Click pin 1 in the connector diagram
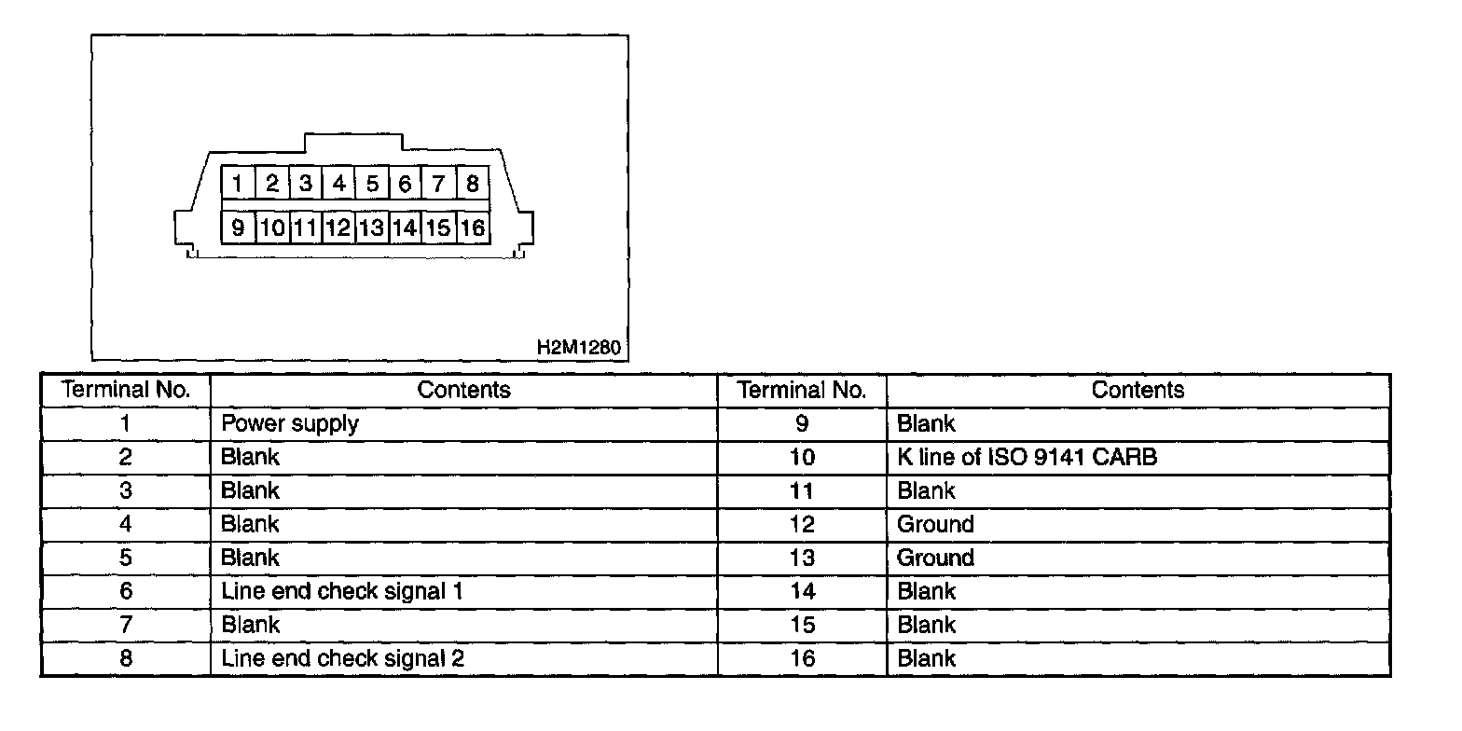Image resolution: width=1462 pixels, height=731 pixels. (x=239, y=184)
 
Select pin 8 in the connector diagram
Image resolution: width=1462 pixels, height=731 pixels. (x=473, y=184)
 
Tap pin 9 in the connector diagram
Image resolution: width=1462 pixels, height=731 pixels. (x=239, y=228)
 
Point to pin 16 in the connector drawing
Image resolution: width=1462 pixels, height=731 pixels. (x=473, y=228)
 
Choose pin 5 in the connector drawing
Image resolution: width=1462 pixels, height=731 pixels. (x=372, y=184)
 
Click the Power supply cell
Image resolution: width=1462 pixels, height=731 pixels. (x=290, y=424)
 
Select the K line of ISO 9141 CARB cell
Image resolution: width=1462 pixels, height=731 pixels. (x=1027, y=458)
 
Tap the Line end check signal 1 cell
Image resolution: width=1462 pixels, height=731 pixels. (x=341, y=591)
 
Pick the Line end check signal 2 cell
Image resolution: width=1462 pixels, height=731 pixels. (x=342, y=658)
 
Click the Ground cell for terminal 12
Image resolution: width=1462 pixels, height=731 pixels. (x=935, y=525)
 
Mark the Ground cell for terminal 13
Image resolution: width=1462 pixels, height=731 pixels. (x=935, y=559)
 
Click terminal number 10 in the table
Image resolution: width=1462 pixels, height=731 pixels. (x=802, y=458)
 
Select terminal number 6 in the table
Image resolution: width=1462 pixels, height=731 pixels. (x=126, y=591)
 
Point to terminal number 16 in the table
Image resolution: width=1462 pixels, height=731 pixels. (x=802, y=658)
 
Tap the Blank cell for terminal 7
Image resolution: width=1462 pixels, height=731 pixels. (x=250, y=625)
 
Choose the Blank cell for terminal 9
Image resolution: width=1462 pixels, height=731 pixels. (x=926, y=424)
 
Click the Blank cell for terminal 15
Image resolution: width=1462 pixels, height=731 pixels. (x=926, y=625)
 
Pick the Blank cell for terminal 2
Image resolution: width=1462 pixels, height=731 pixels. (x=250, y=458)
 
